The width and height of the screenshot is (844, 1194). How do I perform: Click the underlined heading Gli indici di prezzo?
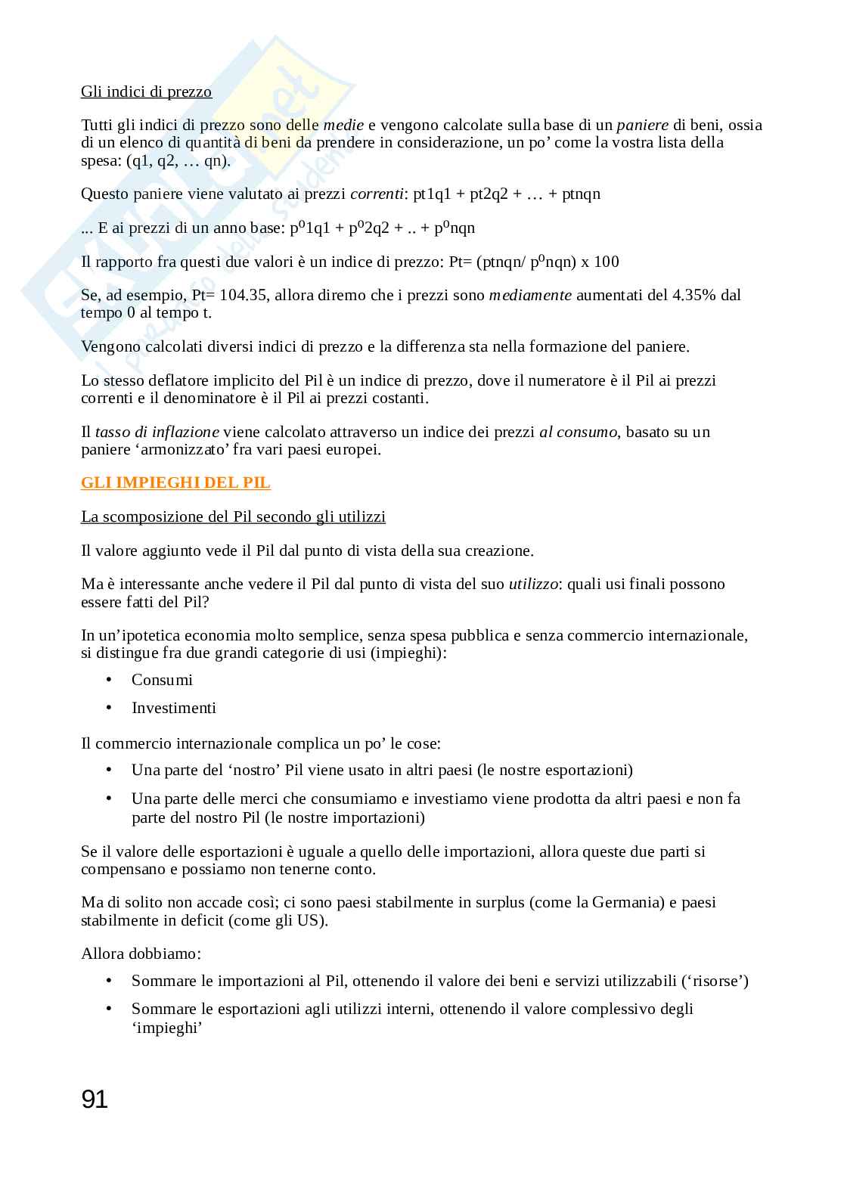(x=146, y=91)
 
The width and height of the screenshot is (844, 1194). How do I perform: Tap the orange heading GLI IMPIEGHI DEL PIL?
(x=175, y=482)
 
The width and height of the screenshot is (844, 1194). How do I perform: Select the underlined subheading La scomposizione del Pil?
(x=233, y=516)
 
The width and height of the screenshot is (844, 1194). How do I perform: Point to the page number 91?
(x=95, y=1099)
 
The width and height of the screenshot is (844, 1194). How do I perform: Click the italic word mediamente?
(x=530, y=295)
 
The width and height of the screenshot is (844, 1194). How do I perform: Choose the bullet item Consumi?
(x=162, y=680)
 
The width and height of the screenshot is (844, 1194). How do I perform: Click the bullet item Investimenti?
(x=174, y=708)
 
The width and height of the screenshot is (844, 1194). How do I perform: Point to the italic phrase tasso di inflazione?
(x=157, y=432)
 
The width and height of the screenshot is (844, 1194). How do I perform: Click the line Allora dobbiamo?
(x=141, y=954)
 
